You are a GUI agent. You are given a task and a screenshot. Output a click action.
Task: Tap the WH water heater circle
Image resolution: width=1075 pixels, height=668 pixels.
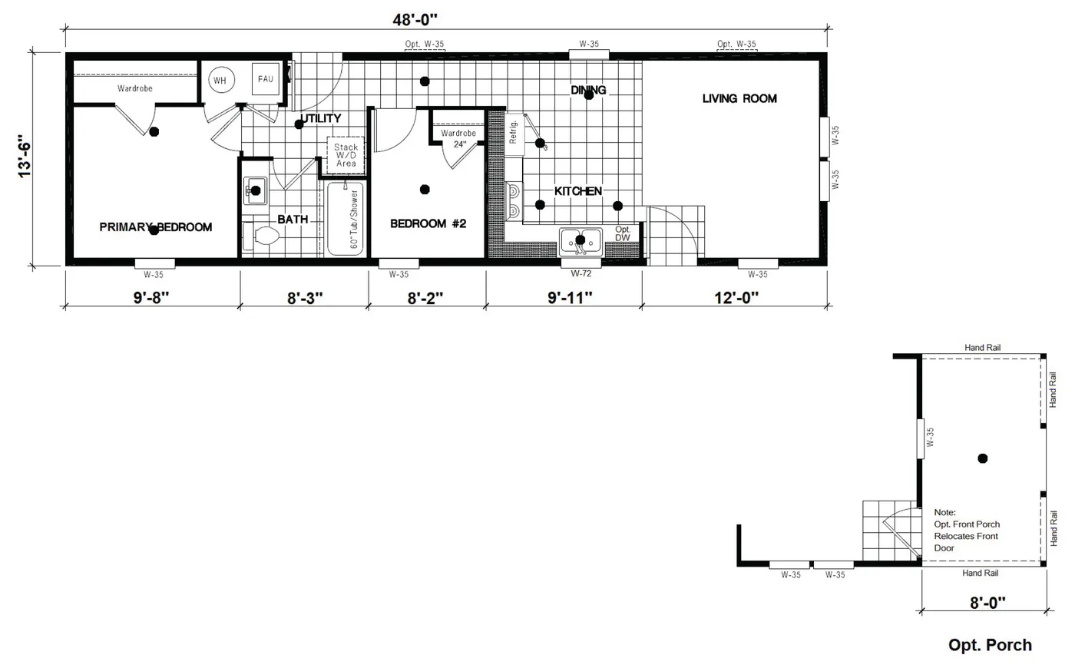(220, 80)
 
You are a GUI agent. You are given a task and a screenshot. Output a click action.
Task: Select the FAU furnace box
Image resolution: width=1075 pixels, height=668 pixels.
(266, 79)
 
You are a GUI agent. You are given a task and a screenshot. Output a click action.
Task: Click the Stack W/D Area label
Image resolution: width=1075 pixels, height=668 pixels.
(346, 155)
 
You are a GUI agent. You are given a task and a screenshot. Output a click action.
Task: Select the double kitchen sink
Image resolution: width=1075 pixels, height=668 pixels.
(580, 240)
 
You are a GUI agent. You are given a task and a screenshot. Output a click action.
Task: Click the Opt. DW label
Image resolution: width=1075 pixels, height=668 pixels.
(623, 233)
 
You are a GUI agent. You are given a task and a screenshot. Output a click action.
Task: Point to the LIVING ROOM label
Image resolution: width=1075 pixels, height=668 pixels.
(739, 98)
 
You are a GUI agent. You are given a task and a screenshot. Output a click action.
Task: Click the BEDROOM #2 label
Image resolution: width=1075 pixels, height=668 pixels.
(428, 223)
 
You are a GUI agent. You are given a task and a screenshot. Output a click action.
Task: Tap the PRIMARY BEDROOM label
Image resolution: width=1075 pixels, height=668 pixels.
(156, 227)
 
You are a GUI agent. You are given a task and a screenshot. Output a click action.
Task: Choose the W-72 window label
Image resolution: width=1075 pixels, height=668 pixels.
(581, 273)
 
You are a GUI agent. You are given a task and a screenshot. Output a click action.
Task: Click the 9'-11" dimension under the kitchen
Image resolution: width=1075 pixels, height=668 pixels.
(570, 298)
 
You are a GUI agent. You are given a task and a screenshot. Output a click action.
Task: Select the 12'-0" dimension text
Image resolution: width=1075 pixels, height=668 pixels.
(736, 298)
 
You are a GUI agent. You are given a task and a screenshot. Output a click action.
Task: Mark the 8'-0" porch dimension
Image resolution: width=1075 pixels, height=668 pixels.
(987, 603)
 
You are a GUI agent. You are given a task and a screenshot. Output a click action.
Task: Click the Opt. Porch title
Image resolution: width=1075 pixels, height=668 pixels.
(990, 645)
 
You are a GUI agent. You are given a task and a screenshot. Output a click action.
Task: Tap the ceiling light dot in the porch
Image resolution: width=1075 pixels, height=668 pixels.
(982, 458)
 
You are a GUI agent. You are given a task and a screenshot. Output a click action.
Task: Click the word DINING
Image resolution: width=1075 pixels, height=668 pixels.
(588, 90)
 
